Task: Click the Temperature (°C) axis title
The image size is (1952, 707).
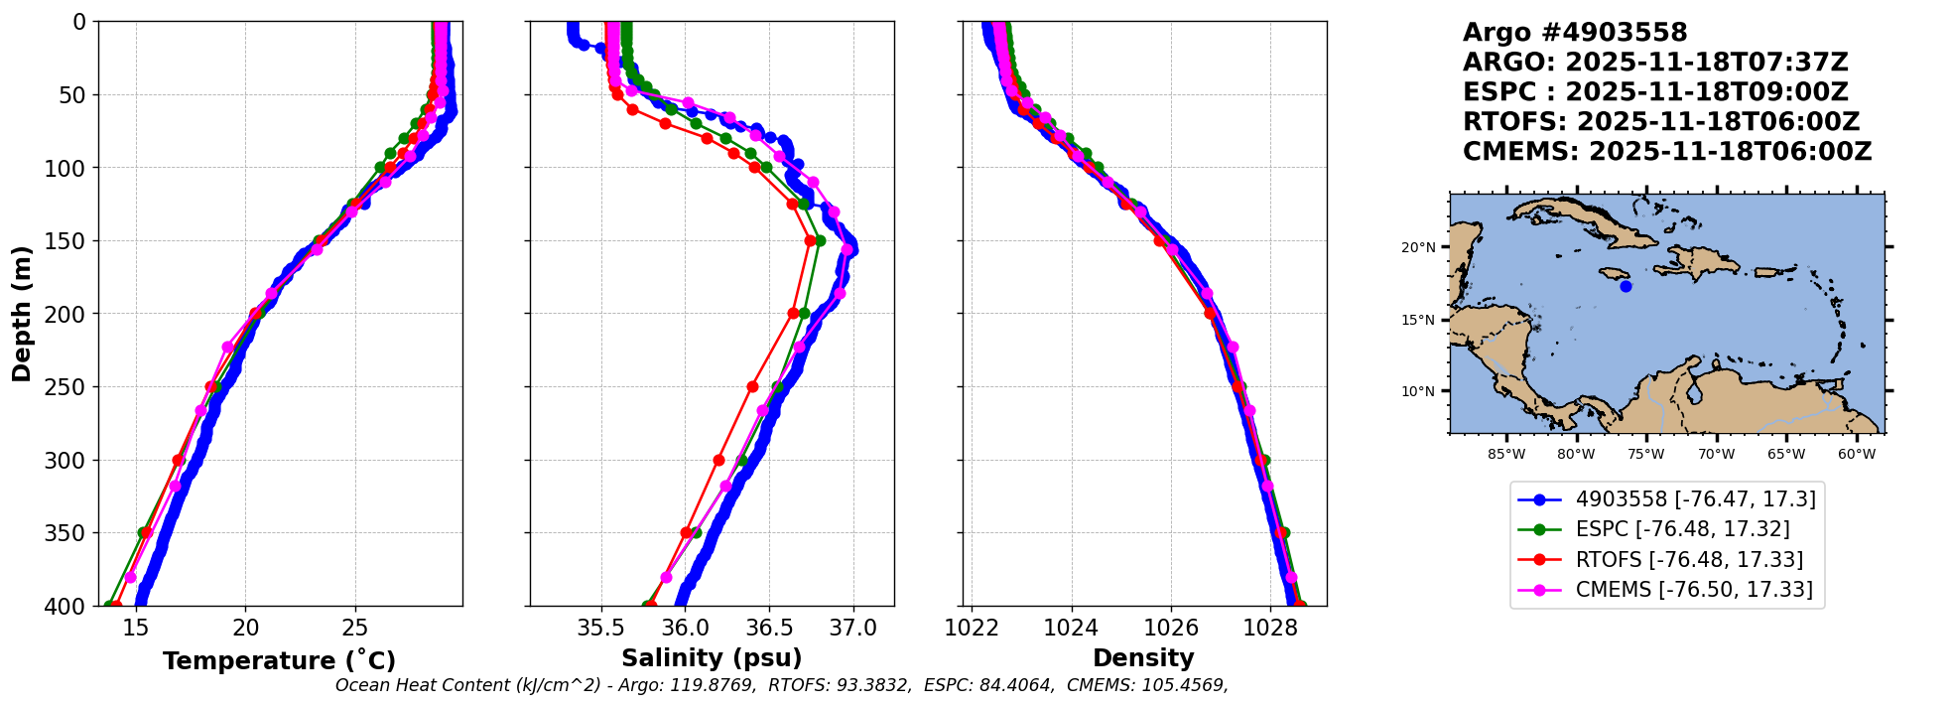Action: coord(279,661)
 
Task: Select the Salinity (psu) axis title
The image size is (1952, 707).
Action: coord(712,658)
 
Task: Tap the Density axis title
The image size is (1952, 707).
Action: coord(1143,658)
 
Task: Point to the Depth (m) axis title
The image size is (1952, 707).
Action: coord(21,314)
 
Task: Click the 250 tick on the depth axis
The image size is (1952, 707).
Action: coord(69,387)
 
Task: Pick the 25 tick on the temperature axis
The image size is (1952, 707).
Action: coord(354,628)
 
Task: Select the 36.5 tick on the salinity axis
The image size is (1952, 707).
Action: coord(769,628)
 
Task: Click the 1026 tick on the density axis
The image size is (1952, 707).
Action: coord(1171,628)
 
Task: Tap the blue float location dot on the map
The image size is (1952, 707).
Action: coord(1626,286)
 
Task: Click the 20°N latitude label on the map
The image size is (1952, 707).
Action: coord(1418,247)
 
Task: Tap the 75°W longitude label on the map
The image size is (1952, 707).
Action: coord(1645,455)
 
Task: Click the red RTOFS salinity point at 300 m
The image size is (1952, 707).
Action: coord(718,460)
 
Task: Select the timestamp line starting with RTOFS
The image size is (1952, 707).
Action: coord(1661,122)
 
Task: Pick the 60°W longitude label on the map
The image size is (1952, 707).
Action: coord(1856,455)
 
